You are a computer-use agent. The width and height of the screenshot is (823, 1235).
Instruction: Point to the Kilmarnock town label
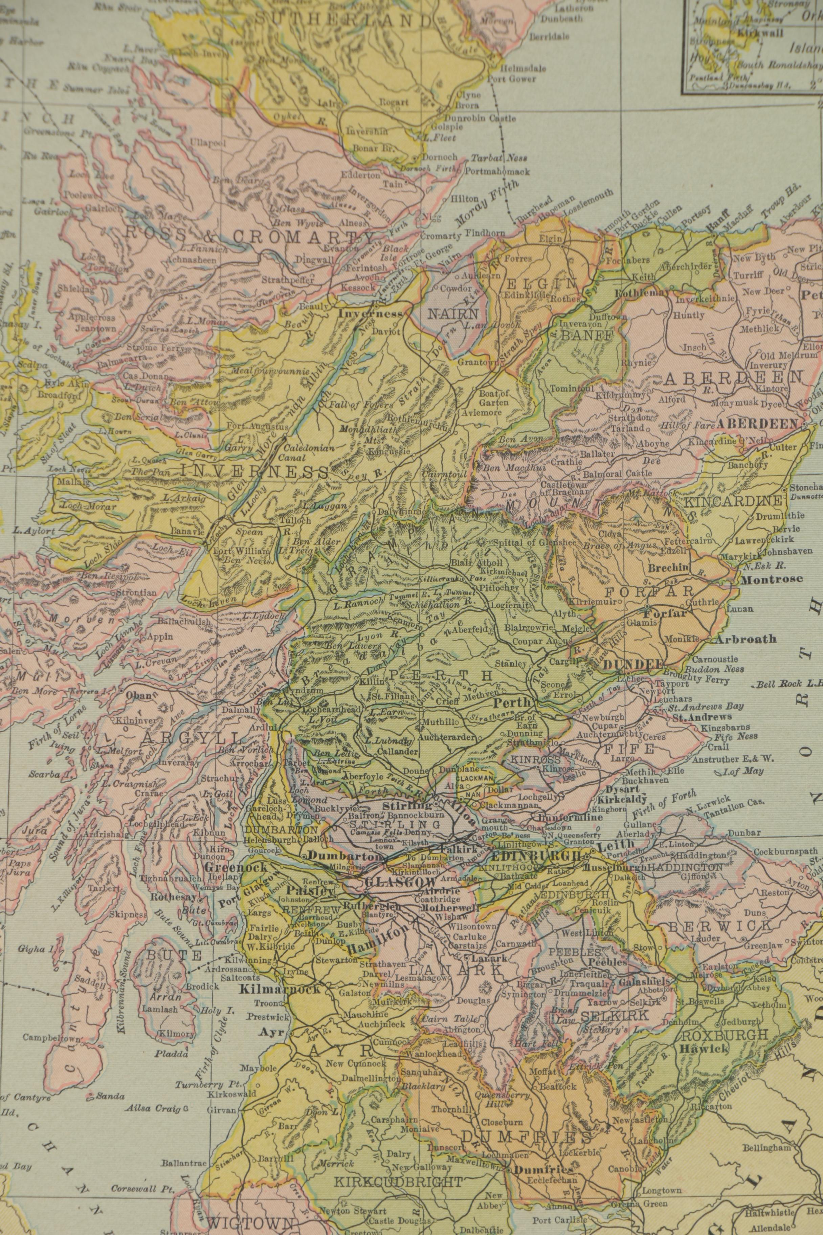pyautogui.click(x=279, y=975)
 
